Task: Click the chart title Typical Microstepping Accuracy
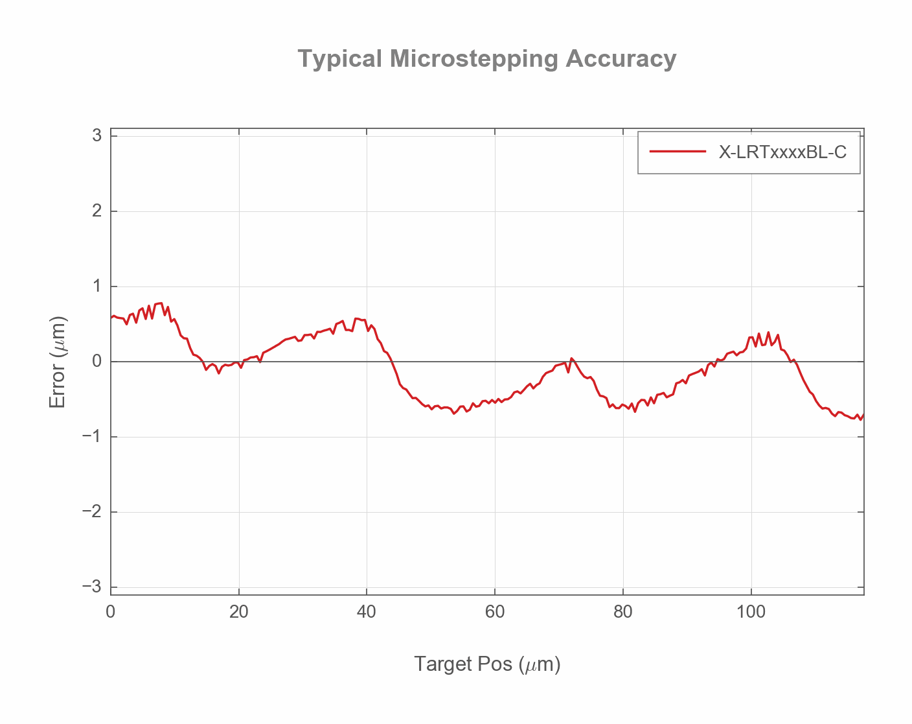tap(487, 59)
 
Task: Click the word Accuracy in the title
tap(621, 59)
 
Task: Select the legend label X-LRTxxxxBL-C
tap(782, 152)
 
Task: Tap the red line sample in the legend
tap(678, 152)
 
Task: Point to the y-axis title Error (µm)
tap(58, 362)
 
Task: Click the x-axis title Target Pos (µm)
tap(487, 664)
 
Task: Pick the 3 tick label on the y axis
tap(97, 135)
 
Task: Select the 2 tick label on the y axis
tap(97, 211)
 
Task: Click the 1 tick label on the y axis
tap(97, 286)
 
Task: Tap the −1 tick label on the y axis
tap(93, 437)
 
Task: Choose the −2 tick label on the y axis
tap(93, 512)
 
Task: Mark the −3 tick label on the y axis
tap(93, 587)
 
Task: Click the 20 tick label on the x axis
tap(238, 612)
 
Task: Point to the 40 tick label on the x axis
tap(367, 612)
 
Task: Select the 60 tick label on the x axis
tap(495, 612)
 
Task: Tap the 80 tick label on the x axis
tap(622, 612)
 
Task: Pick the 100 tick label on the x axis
tap(751, 612)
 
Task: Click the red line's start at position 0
tap(111, 318)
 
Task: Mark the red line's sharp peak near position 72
tap(571, 358)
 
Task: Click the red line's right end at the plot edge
tap(863, 415)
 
